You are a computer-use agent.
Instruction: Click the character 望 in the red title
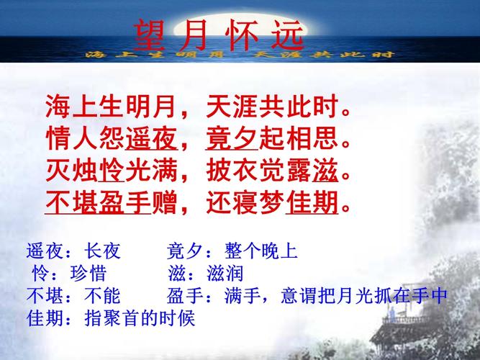point(150,35)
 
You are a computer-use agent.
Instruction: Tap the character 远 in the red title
point(288,35)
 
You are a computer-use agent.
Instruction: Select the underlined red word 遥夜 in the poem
point(151,138)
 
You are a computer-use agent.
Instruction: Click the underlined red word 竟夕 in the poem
point(232,138)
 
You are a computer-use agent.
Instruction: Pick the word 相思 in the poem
point(312,138)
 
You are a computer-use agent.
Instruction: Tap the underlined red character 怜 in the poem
point(112,171)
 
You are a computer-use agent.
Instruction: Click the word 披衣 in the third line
point(232,171)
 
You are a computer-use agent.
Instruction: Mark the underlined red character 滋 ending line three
point(325,171)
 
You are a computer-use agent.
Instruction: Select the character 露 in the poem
point(299,171)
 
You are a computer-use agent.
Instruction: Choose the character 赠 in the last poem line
point(165,202)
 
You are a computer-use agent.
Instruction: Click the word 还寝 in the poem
point(232,202)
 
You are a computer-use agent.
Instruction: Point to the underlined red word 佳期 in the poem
point(312,202)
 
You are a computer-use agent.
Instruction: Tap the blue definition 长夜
point(102,251)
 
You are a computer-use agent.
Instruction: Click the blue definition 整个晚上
point(261,251)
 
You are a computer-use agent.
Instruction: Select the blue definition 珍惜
point(89,274)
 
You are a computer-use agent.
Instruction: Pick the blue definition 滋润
point(225,274)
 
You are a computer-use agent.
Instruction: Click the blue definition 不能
point(102,296)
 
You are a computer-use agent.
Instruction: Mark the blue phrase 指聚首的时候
point(140,319)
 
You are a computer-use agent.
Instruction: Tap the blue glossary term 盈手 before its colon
point(185,296)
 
